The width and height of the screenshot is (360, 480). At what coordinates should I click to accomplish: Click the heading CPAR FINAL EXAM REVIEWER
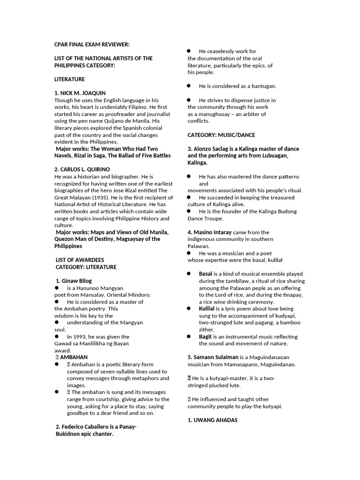(92, 45)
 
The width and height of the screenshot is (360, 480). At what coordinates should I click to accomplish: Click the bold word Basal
(205, 274)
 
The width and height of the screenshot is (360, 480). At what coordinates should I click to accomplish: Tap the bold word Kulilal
(207, 309)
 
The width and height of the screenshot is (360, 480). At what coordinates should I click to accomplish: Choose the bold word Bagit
(205, 337)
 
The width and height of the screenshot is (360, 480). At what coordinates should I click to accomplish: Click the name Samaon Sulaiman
(212, 357)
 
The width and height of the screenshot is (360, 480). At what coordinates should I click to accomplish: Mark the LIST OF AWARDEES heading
(80, 260)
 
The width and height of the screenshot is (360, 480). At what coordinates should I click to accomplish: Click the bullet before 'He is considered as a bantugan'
(188, 86)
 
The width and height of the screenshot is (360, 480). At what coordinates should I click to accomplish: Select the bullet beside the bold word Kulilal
(188, 309)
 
